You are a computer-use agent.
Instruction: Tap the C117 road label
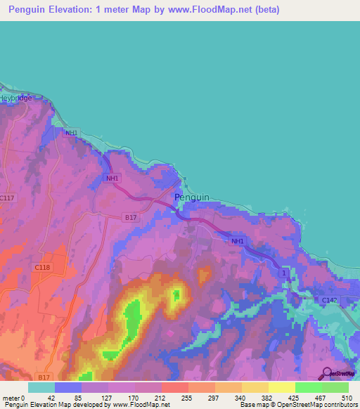(8, 198)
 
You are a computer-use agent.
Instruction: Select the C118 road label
(41, 267)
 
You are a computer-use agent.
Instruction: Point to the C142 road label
(330, 301)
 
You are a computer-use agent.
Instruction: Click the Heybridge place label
(15, 98)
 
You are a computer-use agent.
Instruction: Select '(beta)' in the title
(267, 10)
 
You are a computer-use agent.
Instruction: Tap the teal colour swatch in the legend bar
(41, 387)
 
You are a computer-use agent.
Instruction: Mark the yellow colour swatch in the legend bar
(281, 387)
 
